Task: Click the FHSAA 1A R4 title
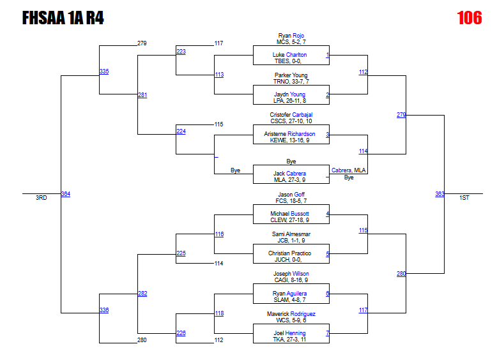click(63, 18)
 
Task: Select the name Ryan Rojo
click(291, 36)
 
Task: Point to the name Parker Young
click(291, 75)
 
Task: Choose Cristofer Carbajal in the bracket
click(291, 115)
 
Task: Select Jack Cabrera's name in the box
click(289, 174)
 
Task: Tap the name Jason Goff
click(291, 194)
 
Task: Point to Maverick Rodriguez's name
click(291, 313)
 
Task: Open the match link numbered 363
click(439, 194)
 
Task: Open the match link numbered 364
click(65, 194)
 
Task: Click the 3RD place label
click(41, 198)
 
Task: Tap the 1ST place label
click(464, 198)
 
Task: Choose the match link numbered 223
click(181, 52)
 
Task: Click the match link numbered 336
click(103, 310)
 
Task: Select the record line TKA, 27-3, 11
click(291, 340)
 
